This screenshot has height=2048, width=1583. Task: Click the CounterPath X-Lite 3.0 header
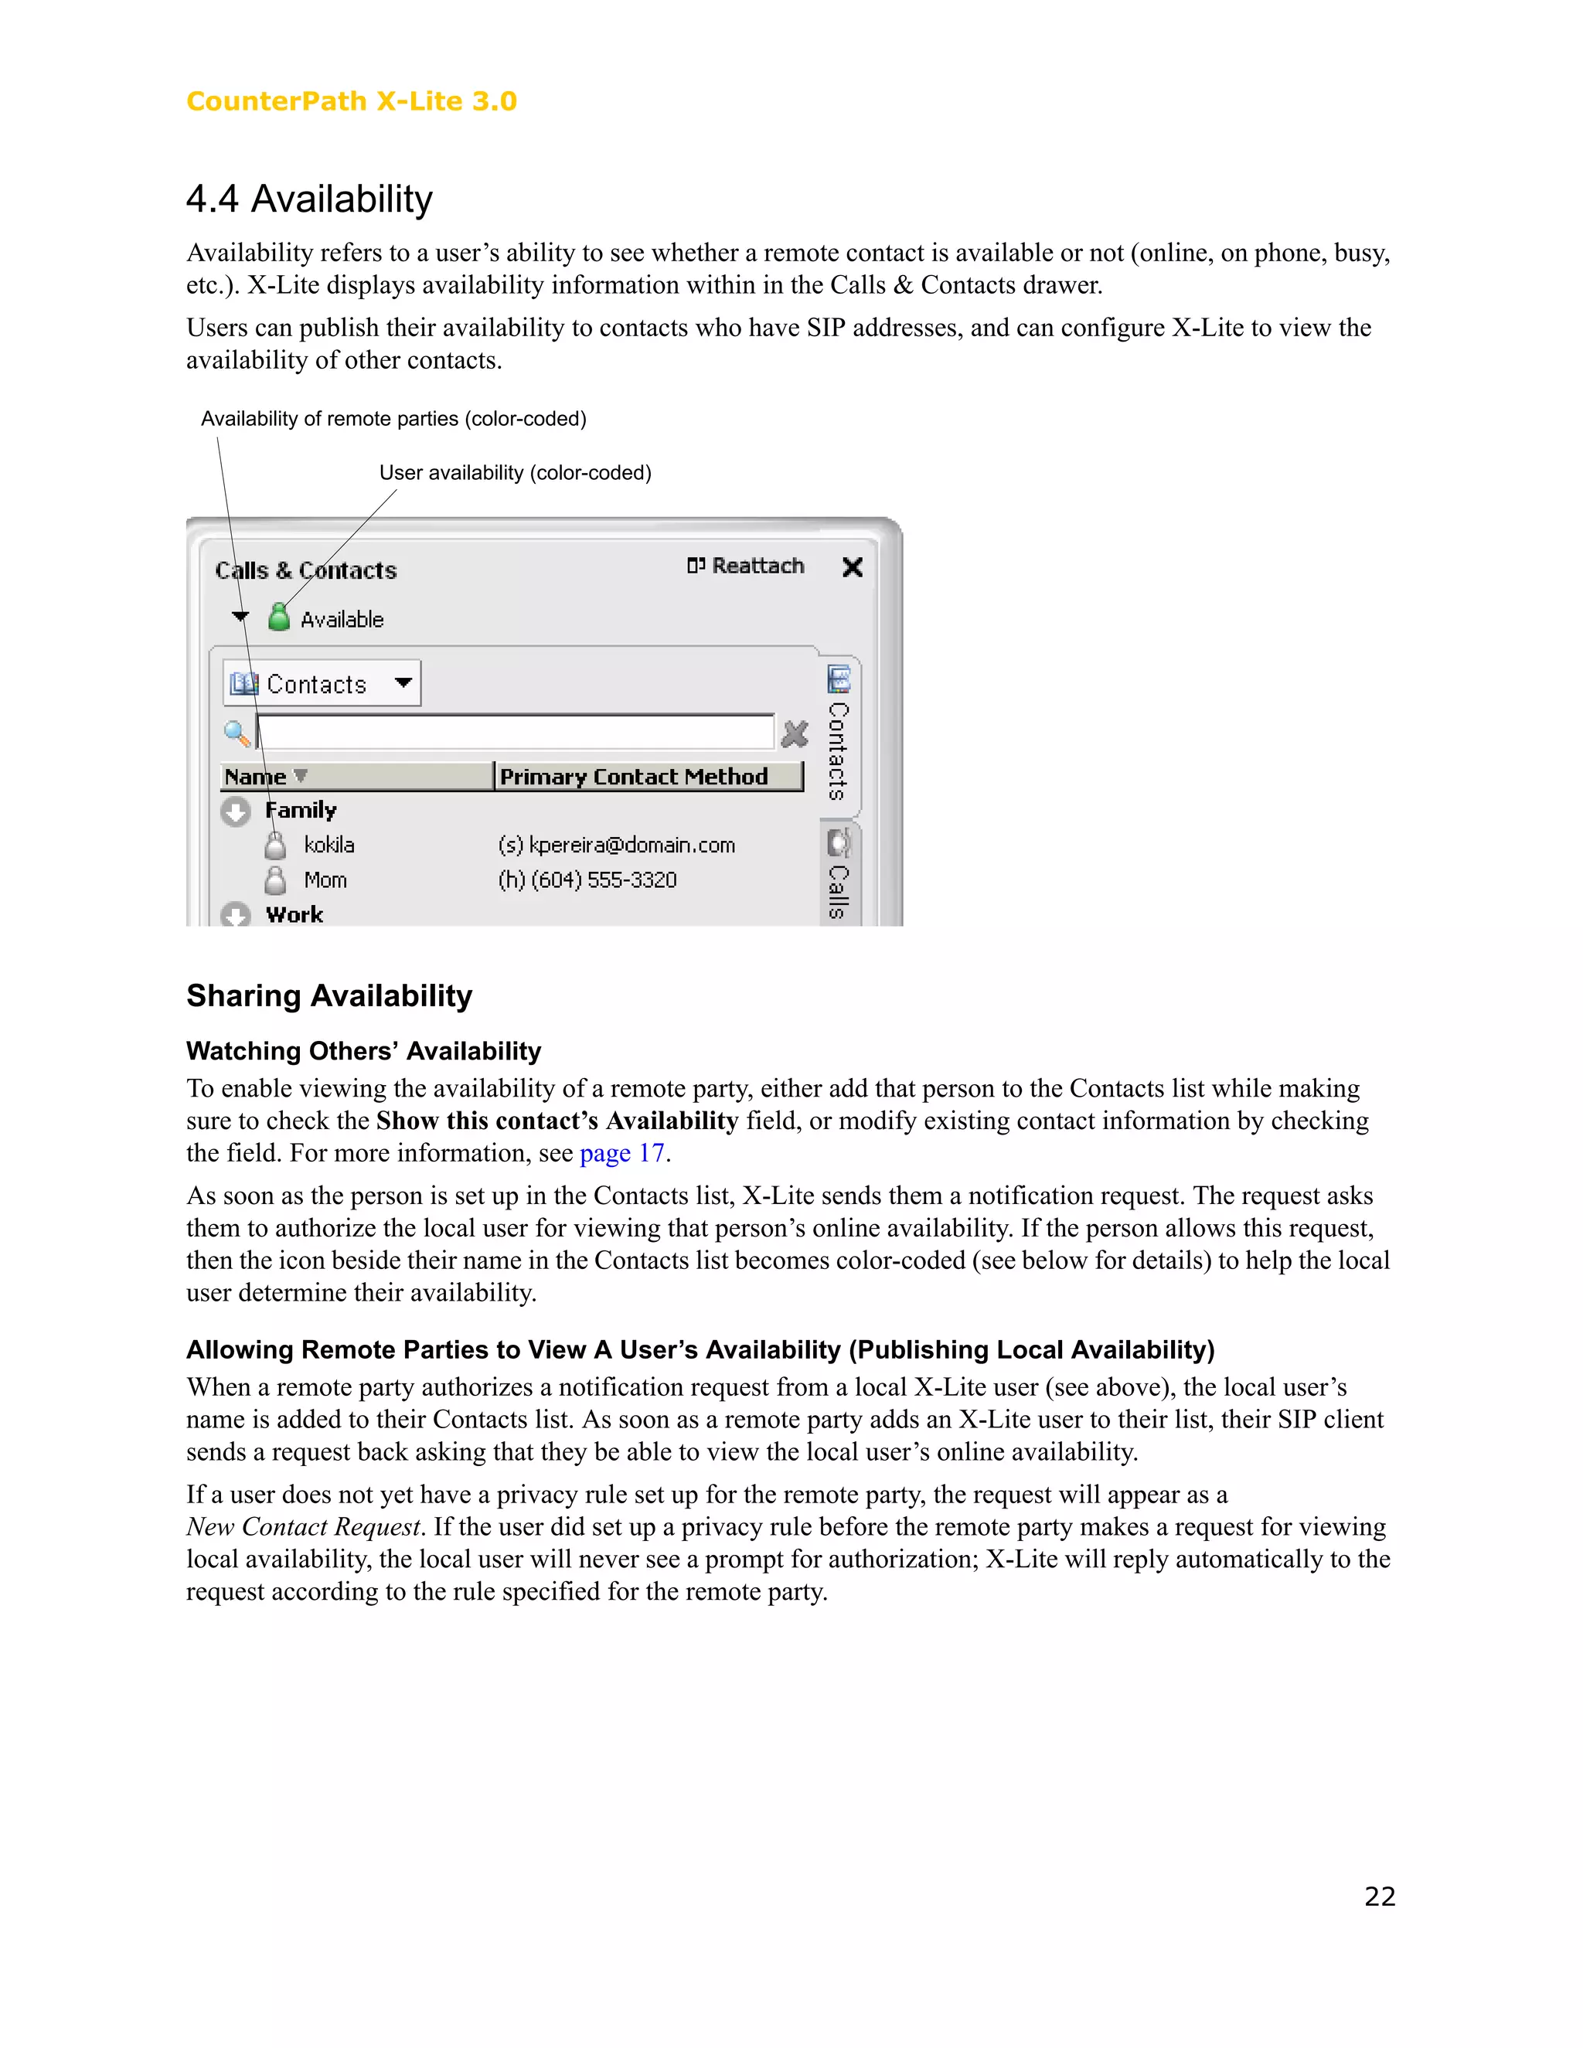pos(351,101)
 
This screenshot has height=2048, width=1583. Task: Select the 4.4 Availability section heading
pos(308,199)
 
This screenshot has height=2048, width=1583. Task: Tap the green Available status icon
pos(278,617)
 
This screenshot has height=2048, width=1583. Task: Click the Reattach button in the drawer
pos(747,566)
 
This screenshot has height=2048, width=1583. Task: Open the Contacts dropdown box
pos(322,684)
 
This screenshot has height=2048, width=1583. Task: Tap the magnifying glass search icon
pos(237,733)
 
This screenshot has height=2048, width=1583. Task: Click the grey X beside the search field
pos(795,733)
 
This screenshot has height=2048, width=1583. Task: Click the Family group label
pos(300,810)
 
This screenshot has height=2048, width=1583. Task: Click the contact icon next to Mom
pos(274,879)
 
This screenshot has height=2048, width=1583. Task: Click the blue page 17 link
pos(621,1153)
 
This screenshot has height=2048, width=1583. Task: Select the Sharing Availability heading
pos(329,996)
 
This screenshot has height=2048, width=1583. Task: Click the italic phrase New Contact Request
pos(304,1526)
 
